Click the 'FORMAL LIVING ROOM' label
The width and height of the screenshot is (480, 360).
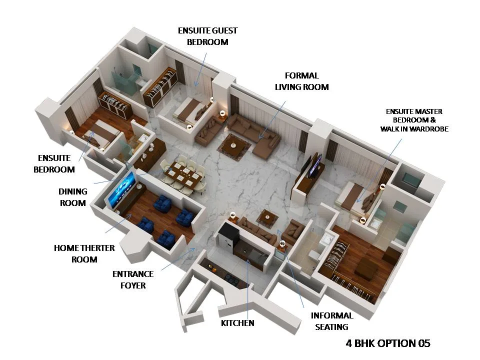coord(301,81)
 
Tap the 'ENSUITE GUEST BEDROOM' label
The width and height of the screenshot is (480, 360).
coord(207,36)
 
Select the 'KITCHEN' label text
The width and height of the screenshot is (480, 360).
coord(237,323)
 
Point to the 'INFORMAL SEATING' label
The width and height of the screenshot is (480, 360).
coord(332,321)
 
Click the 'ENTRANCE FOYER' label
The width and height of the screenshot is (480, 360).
coord(132,279)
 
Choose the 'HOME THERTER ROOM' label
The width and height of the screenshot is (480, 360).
coord(84,253)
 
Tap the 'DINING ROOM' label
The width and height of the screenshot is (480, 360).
coord(73,197)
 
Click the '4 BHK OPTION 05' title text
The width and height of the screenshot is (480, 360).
coord(388,343)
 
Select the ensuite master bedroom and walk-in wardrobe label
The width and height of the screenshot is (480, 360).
coord(414,120)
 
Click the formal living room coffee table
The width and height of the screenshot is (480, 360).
coord(233,144)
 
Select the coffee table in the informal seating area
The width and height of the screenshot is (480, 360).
coord(268,216)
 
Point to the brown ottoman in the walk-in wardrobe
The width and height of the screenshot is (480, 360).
coord(366,268)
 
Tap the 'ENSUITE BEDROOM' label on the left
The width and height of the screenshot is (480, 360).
coord(54,163)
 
